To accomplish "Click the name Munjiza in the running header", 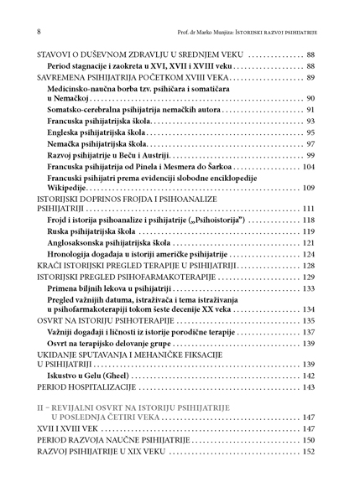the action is pos(227,32).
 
